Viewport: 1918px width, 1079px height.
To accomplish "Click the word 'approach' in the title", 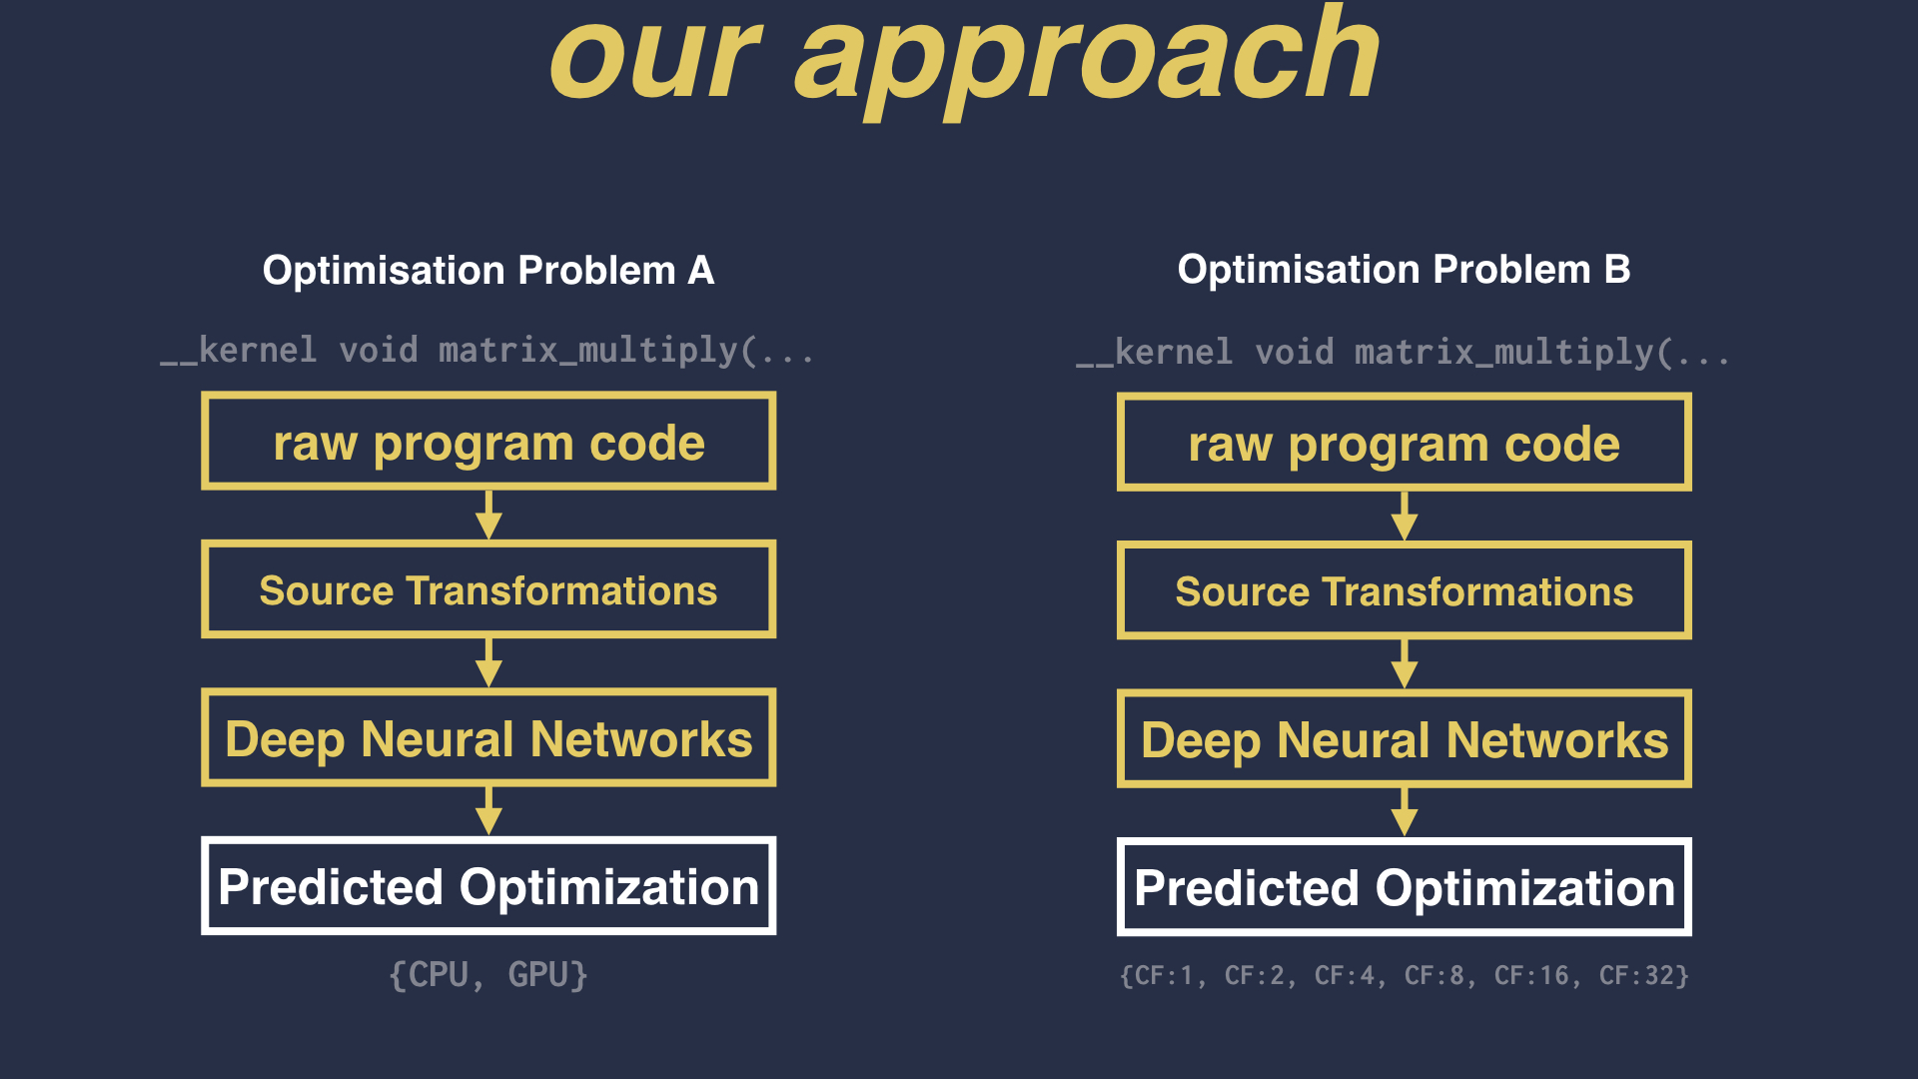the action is [1087, 62].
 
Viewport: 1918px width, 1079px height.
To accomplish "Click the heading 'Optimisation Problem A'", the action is [488, 270].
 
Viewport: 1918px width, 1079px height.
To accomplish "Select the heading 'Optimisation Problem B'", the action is [1404, 269].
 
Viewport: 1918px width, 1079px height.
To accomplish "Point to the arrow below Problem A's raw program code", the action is [488, 515].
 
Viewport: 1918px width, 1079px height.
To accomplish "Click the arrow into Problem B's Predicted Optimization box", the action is [1404, 812].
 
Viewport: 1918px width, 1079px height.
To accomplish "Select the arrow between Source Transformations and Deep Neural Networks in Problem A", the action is [488, 662].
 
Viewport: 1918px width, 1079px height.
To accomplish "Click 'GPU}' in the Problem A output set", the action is [547, 974].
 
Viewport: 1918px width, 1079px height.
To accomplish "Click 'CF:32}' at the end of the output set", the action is [1644, 975].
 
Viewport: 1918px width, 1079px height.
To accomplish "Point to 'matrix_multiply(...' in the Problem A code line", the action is [626, 351].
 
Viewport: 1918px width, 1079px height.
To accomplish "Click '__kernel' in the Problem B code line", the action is [1155, 353].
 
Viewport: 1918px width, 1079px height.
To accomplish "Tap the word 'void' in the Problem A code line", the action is [379, 350].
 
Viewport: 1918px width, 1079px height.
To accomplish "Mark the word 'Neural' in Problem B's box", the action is [1354, 740].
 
